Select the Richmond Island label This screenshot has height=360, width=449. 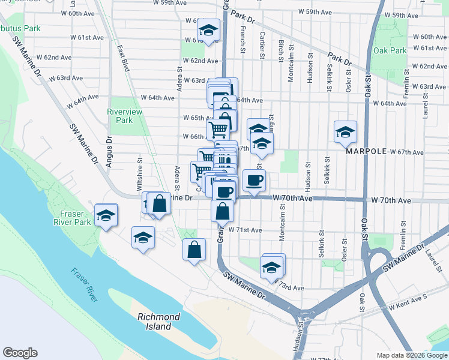click(x=158, y=322)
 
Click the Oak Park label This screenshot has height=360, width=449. click(x=390, y=51)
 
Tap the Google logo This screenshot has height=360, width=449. click(x=20, y=353)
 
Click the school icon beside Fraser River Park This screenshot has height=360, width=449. click(x=106, y=215)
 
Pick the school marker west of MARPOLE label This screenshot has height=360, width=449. click(x=345, y=133)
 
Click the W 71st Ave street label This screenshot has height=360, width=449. click(x=249, y=230)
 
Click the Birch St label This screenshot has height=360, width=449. click(x=281, y=52)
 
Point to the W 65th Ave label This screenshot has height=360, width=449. click(x=197, y=118)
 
